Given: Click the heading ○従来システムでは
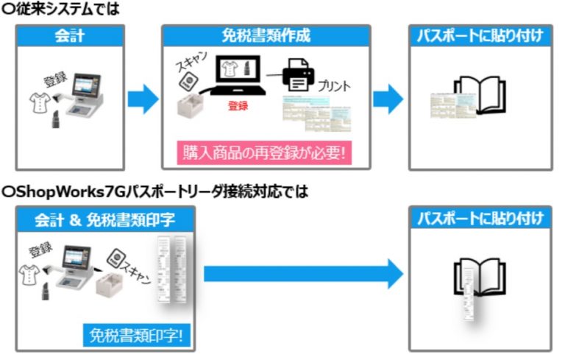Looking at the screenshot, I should [x=60, y=9].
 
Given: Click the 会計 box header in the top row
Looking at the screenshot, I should [x=71, y=35].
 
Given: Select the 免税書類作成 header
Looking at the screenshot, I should [x=266, y=35].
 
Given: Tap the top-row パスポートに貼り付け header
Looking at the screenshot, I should [x=480, y=35].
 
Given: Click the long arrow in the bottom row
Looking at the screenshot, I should [x=302, y=274].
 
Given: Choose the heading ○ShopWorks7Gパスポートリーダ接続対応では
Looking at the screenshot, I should [x=155, y=191].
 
